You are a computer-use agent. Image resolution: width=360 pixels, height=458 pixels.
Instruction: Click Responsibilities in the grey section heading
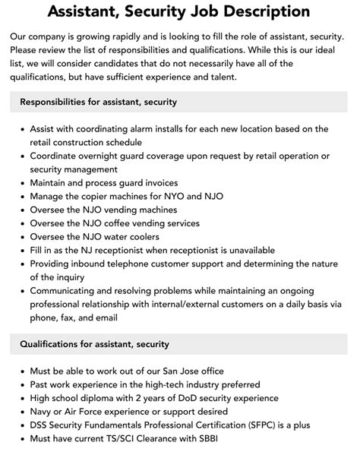58,101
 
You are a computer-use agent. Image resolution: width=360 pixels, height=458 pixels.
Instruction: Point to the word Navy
43,412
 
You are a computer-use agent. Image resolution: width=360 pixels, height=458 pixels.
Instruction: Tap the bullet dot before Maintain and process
21,183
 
